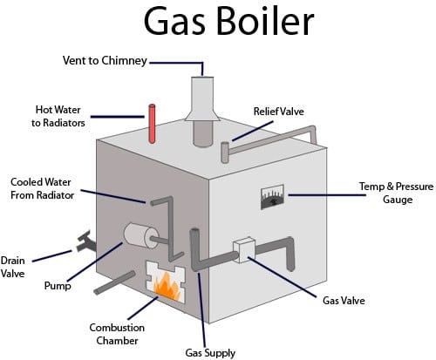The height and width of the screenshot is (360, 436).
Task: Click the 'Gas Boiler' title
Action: tap(228, 21)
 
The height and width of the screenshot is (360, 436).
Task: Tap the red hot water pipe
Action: tap(152, 124)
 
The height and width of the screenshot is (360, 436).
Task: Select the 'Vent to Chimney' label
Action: tap(105, 60)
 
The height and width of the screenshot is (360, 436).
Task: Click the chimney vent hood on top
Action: tap(202, 98)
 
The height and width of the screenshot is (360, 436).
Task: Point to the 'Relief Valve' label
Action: tap(278, 112)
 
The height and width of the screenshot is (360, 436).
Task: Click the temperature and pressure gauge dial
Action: tap(272, 197)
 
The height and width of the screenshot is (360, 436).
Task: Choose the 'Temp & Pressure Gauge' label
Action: tap(397, 193)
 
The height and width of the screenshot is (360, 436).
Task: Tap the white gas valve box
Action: tap(244, 250)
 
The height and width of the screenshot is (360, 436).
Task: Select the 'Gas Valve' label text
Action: tap(344, 301)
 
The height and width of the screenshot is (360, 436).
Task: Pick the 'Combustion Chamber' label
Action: tap(117, 334)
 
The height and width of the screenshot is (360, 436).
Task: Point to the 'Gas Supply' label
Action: tap(210, 353)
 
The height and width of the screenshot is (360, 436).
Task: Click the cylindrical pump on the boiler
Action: tap(141, 235)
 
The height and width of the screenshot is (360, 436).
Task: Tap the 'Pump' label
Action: tap(58, 286)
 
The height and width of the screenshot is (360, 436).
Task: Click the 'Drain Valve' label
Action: tap(12, 267)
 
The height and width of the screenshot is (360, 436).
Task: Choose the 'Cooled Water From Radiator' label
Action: tap(42, 188)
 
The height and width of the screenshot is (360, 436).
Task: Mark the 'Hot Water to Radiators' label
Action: tap(58, 116)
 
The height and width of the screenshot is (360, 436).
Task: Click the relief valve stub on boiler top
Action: tap(225, 152)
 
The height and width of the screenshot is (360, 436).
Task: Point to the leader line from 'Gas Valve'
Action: tap(282, 277)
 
